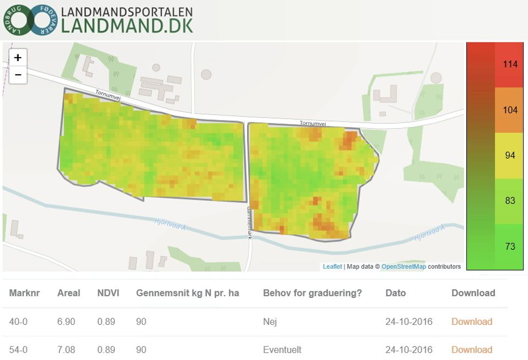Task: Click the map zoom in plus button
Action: tap(18, 58)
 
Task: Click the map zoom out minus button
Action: tap(18, 75)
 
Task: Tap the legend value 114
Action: tap(510, 64)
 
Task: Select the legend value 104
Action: tap(510, 110)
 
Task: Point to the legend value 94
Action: tap(510, 156)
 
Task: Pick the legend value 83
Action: tap(510, 201)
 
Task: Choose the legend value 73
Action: tap(510, 246)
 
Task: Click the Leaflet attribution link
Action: tap(332, 267)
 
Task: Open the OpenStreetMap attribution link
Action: tap(403, 267)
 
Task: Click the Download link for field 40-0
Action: tap(471, 322)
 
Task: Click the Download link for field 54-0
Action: tap(471, 350)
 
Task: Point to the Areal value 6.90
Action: tap(66, 322)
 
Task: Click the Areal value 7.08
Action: tap(66, 350)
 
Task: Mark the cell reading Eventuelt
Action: tap(282, 350)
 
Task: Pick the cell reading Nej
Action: tap(270, 322)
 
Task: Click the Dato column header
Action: tap(395, 293)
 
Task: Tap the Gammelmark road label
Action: tap(249, 222)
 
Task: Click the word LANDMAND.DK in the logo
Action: tap(127, 25)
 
